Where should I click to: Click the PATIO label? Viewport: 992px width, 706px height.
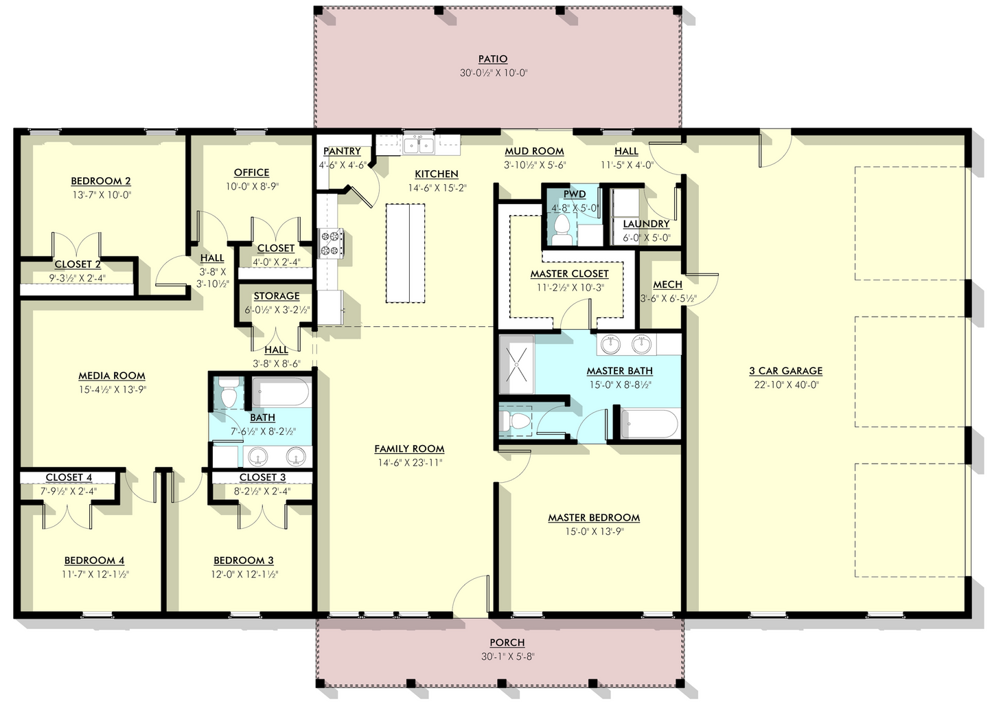point(493,59)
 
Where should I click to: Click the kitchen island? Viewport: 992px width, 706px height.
point(407,253)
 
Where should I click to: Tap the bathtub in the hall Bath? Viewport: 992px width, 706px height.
point(281,393)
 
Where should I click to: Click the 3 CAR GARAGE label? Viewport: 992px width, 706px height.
point(785,371)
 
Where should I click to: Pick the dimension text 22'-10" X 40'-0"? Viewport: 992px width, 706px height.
point(785,385)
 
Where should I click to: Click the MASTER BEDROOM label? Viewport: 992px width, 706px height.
point(593,518)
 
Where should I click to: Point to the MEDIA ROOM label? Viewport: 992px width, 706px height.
point(112,376)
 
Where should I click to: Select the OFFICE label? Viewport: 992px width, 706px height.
point(251,172)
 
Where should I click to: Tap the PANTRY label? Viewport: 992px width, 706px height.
point(342,151)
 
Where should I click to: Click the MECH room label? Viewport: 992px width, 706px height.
point(667,284)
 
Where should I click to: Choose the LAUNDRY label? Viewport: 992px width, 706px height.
point(646,224)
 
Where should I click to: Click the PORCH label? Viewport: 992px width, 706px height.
point(507,643)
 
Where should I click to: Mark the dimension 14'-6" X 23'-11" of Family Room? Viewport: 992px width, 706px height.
point(409,462)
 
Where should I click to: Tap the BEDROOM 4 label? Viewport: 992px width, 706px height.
point(94,560)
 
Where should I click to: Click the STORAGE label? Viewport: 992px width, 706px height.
point(277,296)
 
